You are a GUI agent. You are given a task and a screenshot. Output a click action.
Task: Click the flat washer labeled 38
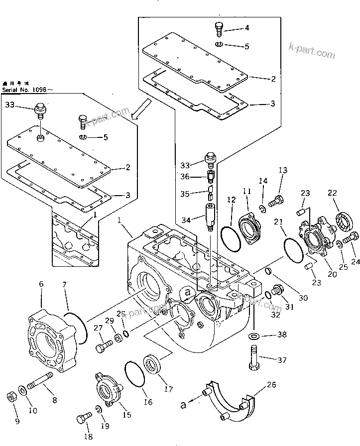(253, 335)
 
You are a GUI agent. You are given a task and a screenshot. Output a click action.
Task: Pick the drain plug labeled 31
(277, 289)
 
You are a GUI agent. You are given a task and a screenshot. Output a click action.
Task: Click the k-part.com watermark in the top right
(312, 50)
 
